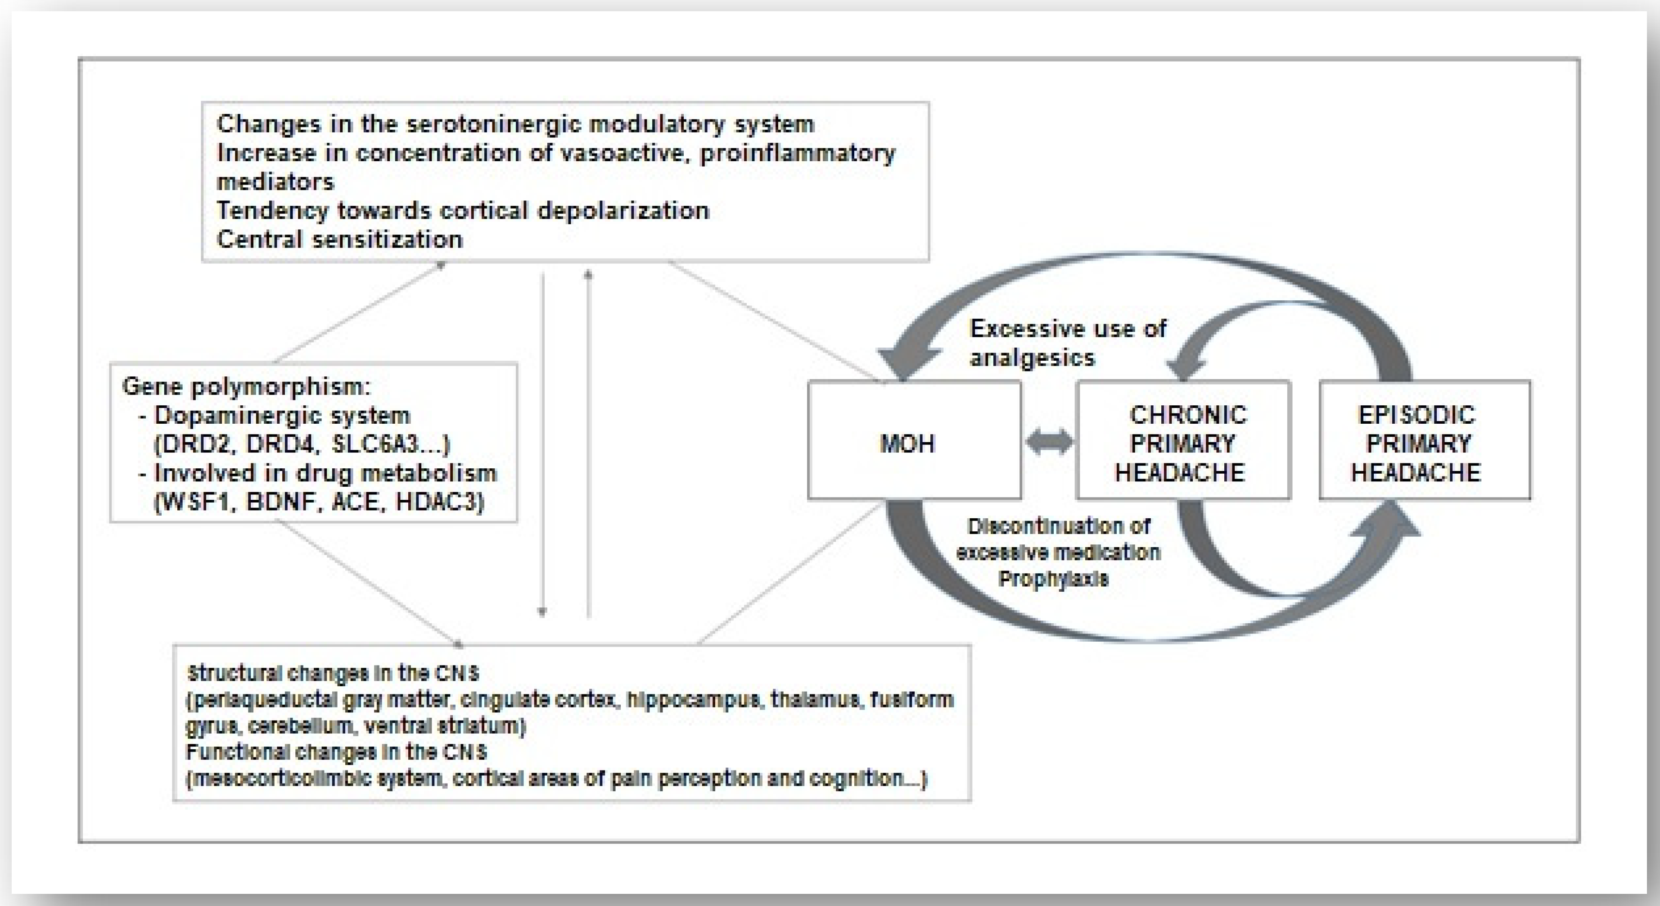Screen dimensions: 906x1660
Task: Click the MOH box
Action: tap(914, 440)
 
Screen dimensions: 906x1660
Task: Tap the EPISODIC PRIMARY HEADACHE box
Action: tap(1424, 440)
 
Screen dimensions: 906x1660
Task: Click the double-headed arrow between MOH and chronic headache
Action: tap(1049, 443)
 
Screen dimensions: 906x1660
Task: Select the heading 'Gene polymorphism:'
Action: tap(247, 386)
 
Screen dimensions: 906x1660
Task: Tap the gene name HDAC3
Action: tap(439, 502)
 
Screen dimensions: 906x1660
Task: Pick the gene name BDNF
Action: tap(284, 502)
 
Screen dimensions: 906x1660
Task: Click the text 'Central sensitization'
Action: tap(339, 239)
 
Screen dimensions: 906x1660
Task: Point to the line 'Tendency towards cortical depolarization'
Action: tap(463, 210)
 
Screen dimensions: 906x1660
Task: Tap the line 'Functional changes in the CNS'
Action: tap(336, 752)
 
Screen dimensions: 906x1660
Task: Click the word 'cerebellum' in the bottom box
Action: tap(300, 726)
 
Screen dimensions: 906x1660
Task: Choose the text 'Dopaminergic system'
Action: tap(282, 415)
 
